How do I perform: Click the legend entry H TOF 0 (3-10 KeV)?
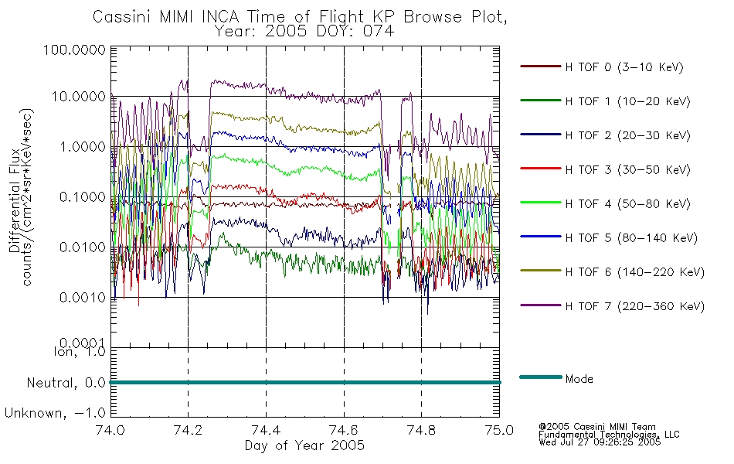click(x=624, y=67)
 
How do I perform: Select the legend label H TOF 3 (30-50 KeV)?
click(x=627, y=169)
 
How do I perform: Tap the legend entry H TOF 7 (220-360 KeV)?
click(x=635, y=306)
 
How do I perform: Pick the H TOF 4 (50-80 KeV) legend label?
click(x=627, y=204)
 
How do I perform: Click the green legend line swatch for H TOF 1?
click(x=541, y=101)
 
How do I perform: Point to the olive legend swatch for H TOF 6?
click(x=541, y=271)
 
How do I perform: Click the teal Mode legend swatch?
click(x=541, y=377)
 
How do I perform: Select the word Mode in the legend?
click(x=579, y=379)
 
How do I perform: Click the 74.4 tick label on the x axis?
click(x=267, y=430)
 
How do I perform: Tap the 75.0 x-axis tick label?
click(x=499, y=430)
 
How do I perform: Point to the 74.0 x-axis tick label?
click(x=110, y=430)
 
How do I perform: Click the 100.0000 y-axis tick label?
click(x=74, y=50)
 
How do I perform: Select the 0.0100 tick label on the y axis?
click(x=83, y=247)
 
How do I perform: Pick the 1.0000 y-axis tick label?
click(x=83, y=147)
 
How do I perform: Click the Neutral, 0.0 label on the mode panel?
click(x=66, y=384)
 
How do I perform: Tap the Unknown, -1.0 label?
click(x=55, y=414)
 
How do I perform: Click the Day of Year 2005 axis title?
click(x=304, y=445)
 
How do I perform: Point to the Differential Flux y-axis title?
click(x=15, y=200)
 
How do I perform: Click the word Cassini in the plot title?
click(x=124, y=17)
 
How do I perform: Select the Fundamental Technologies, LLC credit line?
click(x=609, y=435)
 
